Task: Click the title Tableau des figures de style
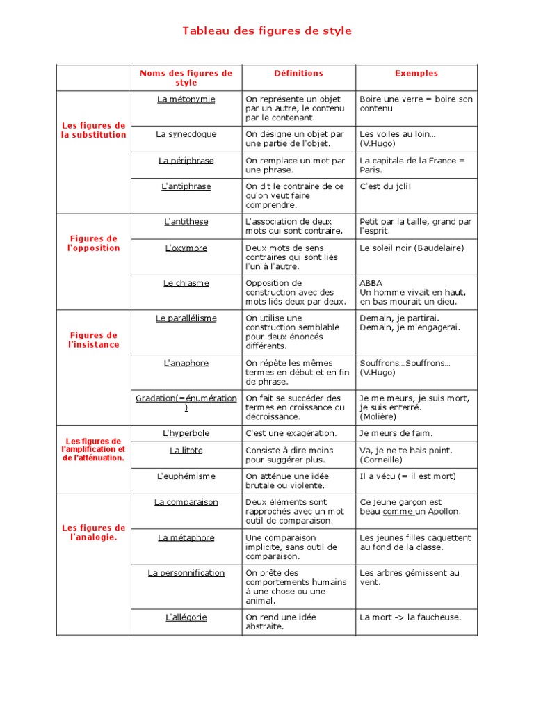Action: [x=267, y=31]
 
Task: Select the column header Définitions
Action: [x=298, y=73]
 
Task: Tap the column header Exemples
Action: [x=416, y=73]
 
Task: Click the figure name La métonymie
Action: [x=186, y=99]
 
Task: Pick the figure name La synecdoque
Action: [x=186, y=134]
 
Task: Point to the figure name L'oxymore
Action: [x=186, y=248]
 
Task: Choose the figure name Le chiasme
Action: [x=186, y=284]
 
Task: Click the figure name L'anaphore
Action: [x=186, y=363]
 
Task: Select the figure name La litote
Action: [x=186, y=451]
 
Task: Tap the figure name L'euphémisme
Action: [x=186, y=476]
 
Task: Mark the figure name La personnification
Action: [x=186, y=573]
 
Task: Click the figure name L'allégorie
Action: [x=186, y=617]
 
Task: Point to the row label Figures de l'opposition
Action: [x=93, y=243]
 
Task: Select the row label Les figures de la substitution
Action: [x=93, y=130]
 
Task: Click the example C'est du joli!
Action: [x=385, y=186]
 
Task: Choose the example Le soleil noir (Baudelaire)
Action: [x=411, y=248]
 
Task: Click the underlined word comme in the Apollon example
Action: [x=398, y=512]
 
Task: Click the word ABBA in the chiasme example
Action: [x=371, y=284]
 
